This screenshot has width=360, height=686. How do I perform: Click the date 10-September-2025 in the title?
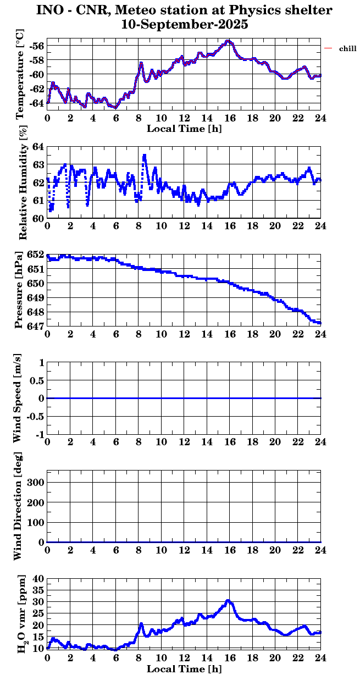pyautogui.click(x=184, y=24)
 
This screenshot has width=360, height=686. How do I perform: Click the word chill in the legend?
pyautogui.click(x=348, y=49)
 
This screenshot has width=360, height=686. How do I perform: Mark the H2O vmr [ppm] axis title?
pyautogui.click(x=22, y=614)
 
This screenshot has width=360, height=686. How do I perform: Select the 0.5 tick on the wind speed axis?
pyautogui.click(x=37, y=380)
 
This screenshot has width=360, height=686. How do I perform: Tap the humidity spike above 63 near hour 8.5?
pyautogui.click(x=145, y=156)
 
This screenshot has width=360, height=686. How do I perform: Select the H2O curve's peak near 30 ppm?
pyautogui.click(x=228, y=601)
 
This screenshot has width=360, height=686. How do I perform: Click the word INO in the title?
pyautogui.click(x=49, y=10)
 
